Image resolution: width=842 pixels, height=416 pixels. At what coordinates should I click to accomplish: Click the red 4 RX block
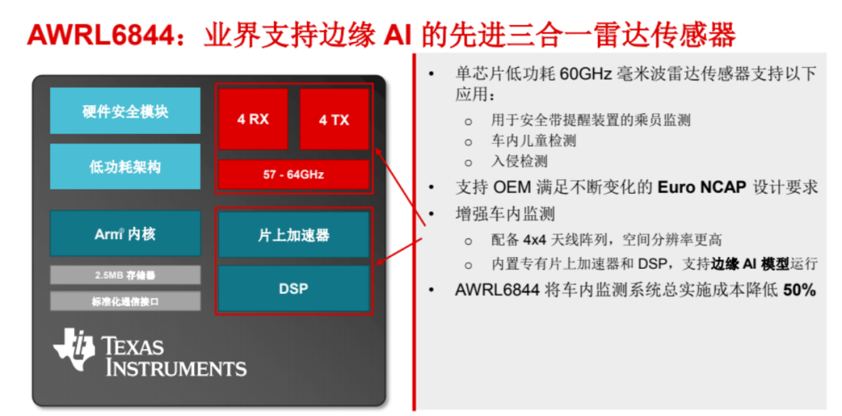pyautogui.click(x=253, y=119)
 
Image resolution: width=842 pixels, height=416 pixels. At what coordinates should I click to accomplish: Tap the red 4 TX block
pyautogui.click(x=334, y=119)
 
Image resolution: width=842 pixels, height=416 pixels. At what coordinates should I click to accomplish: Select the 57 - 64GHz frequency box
pyautogui.click(x=293, y=175)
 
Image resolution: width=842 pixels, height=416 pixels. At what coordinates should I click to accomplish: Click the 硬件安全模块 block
pyautogui.click(x=125, y=111)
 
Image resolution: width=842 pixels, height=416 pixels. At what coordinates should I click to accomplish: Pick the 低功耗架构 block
pyautogui.click(x=125, y=167)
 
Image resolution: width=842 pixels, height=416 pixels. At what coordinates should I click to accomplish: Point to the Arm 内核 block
pyautogui.click(x=125, y=234)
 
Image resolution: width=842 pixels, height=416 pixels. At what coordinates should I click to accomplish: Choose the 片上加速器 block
pyautogui.click(x=293, y=234)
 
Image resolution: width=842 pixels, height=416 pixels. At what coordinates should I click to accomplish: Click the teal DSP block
pyautogui.click(x=293, y=288)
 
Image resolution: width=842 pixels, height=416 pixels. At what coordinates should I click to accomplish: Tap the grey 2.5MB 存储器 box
pyautogui.click(x=125, y=275)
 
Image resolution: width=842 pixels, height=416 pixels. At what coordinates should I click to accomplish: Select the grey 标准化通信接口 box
pyautogui.click(x=125, y=301)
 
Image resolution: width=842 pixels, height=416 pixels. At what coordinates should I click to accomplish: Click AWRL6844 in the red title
pyautogui.click(x=101, y=35)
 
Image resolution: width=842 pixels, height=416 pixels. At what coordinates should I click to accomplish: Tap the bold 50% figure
pyautogui.click(x=799, y=290)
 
